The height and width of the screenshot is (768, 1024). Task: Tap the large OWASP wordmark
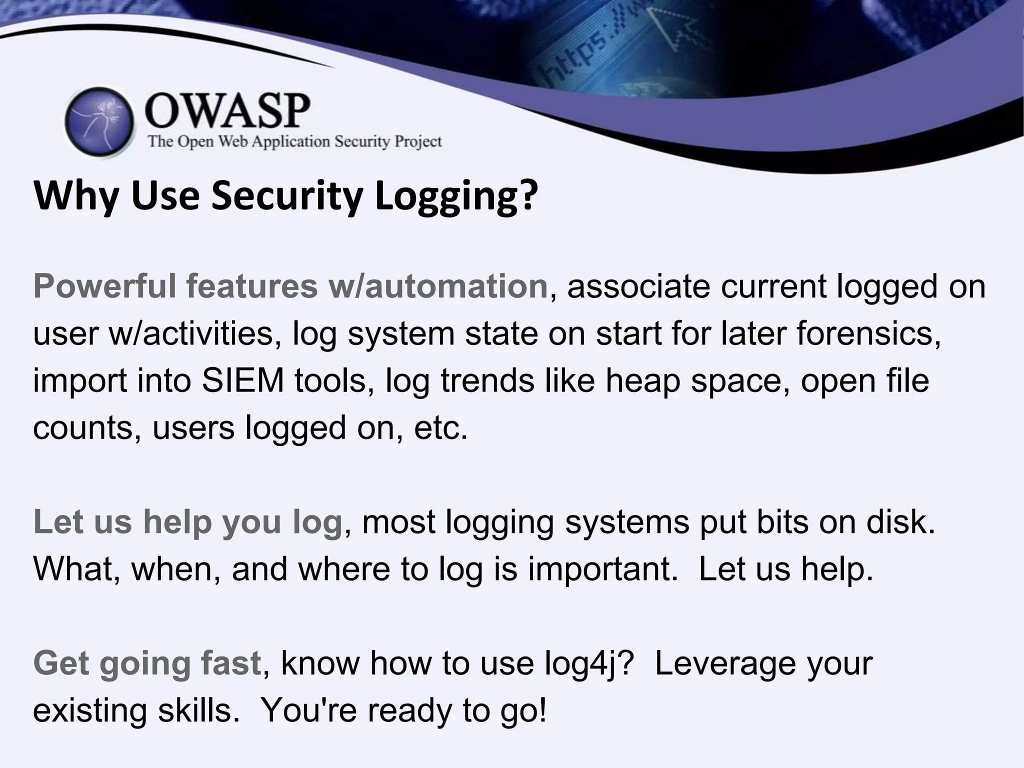coord(227,111)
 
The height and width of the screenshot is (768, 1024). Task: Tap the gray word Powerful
coord(105,286)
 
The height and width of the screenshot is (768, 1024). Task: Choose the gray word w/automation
coord(437,286)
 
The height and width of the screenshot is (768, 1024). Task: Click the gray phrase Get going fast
coord(147,663)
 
